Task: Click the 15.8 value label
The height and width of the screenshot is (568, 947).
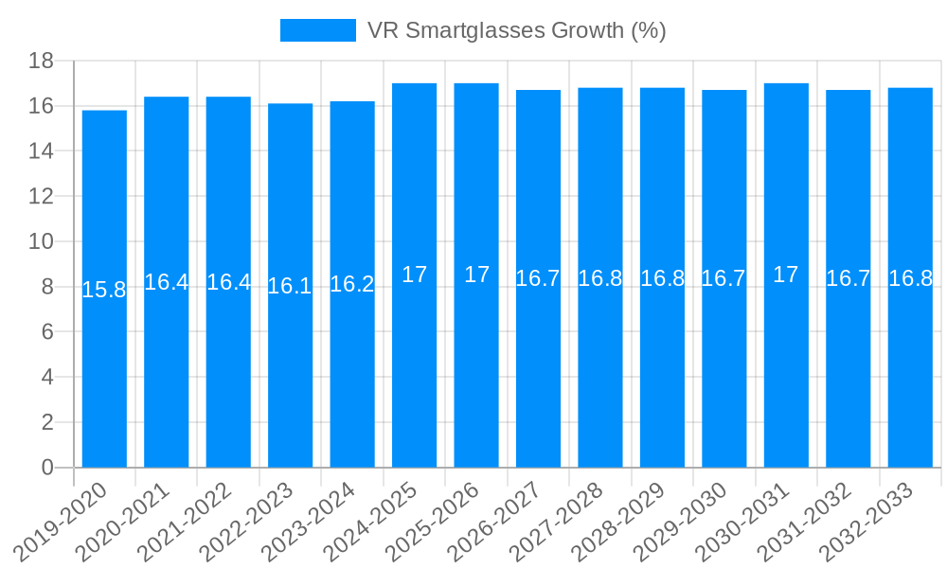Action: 104,290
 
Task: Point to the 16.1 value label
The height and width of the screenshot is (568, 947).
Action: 290,286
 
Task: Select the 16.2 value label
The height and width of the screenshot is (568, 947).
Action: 352,285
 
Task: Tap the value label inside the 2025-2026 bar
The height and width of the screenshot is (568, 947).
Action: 476,275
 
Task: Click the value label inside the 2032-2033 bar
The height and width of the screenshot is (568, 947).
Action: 910,278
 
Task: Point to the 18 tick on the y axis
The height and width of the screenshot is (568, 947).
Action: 41,61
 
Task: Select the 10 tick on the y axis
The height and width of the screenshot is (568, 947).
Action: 41,241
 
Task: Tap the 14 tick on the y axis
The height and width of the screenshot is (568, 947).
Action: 41,151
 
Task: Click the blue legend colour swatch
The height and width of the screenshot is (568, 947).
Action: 317,30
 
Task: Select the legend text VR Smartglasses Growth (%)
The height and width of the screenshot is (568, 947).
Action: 516,30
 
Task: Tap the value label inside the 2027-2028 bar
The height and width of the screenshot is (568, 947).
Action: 600,278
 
